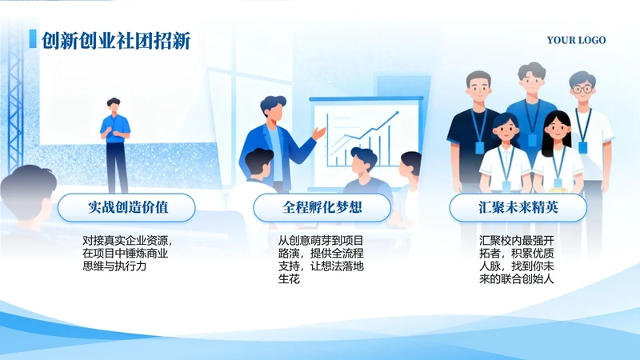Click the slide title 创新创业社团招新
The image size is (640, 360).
[115, 40]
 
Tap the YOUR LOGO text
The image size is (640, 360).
[576, 40]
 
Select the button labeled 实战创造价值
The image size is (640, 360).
[126, 208]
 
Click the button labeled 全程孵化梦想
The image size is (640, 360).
[322, 208]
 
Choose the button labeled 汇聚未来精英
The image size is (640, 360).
[518, 208]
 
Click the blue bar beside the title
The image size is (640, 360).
[32, 40]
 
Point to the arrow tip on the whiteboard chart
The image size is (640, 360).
[398, 114]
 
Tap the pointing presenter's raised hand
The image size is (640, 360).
[319, 132]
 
